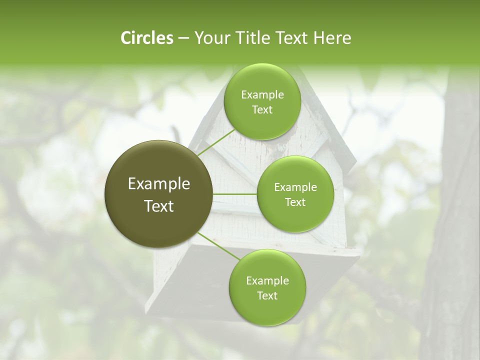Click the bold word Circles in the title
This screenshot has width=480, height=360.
[x=147, y=38]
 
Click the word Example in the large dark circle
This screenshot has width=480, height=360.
[x=159, y=184]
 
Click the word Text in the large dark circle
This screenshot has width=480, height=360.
[x=159, y=206]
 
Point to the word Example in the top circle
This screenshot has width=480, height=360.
[x=262, y=94]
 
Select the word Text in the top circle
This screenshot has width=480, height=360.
[x=262, y=109]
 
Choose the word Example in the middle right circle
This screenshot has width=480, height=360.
[x=295, y=187]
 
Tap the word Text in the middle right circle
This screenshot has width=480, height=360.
[x=295, y=202]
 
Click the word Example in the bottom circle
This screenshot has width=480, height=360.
[x=267, y=280]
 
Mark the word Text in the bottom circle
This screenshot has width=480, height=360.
[x=267, y=295]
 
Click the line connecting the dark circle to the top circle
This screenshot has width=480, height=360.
[x=216, y=142]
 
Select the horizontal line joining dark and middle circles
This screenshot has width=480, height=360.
[x=235, y=194]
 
